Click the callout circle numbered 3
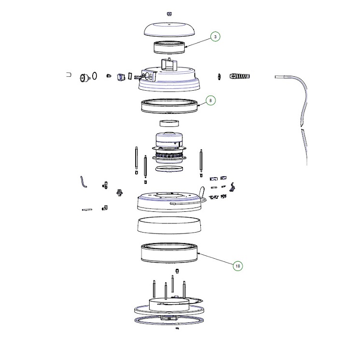(x=215, y=37)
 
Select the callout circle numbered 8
(x=210, y=100)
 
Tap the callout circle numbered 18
(x=237, y=266)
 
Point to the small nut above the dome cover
(x=169, y=14)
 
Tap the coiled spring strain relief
(x=240, y=76)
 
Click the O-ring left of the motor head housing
(x=95, y=76)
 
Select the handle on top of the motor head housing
(x=169, y=65)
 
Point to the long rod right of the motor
(x=201, y=160)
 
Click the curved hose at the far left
(x=83, y=182)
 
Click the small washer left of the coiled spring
(x=219, y=76)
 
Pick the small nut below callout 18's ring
(x=177, y=271)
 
